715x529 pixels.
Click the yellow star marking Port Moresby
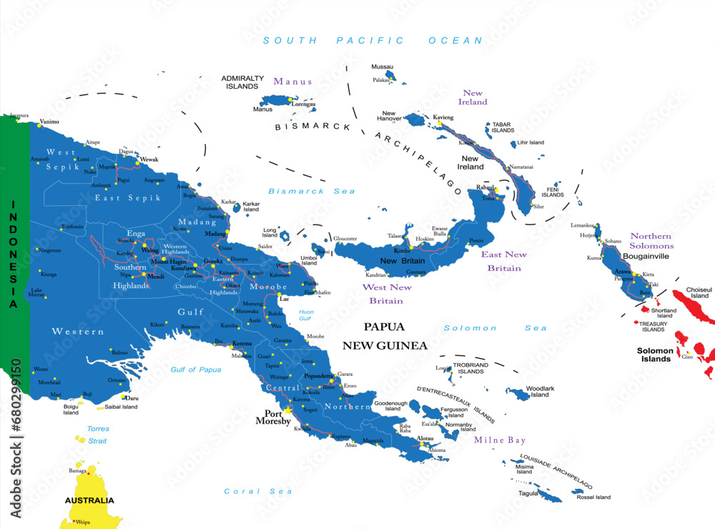point(288,410)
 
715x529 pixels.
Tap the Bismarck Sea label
point(302,191)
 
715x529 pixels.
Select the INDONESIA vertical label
point(12,254)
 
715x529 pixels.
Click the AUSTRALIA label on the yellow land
point(89,500)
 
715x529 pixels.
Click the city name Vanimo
point(49,122)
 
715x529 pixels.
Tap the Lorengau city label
point(303,104)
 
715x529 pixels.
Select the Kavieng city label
point(443,117)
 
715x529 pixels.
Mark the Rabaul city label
point(485,187)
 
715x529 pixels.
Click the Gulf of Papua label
point(196,369)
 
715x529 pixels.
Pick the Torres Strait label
point(97,435)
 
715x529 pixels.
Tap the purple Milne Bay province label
point(499,440)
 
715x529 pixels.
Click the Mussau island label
point(382,66)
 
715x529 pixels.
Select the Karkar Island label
point(251,207)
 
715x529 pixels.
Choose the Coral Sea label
point(248,491)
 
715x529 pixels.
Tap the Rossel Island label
point(593,497)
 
